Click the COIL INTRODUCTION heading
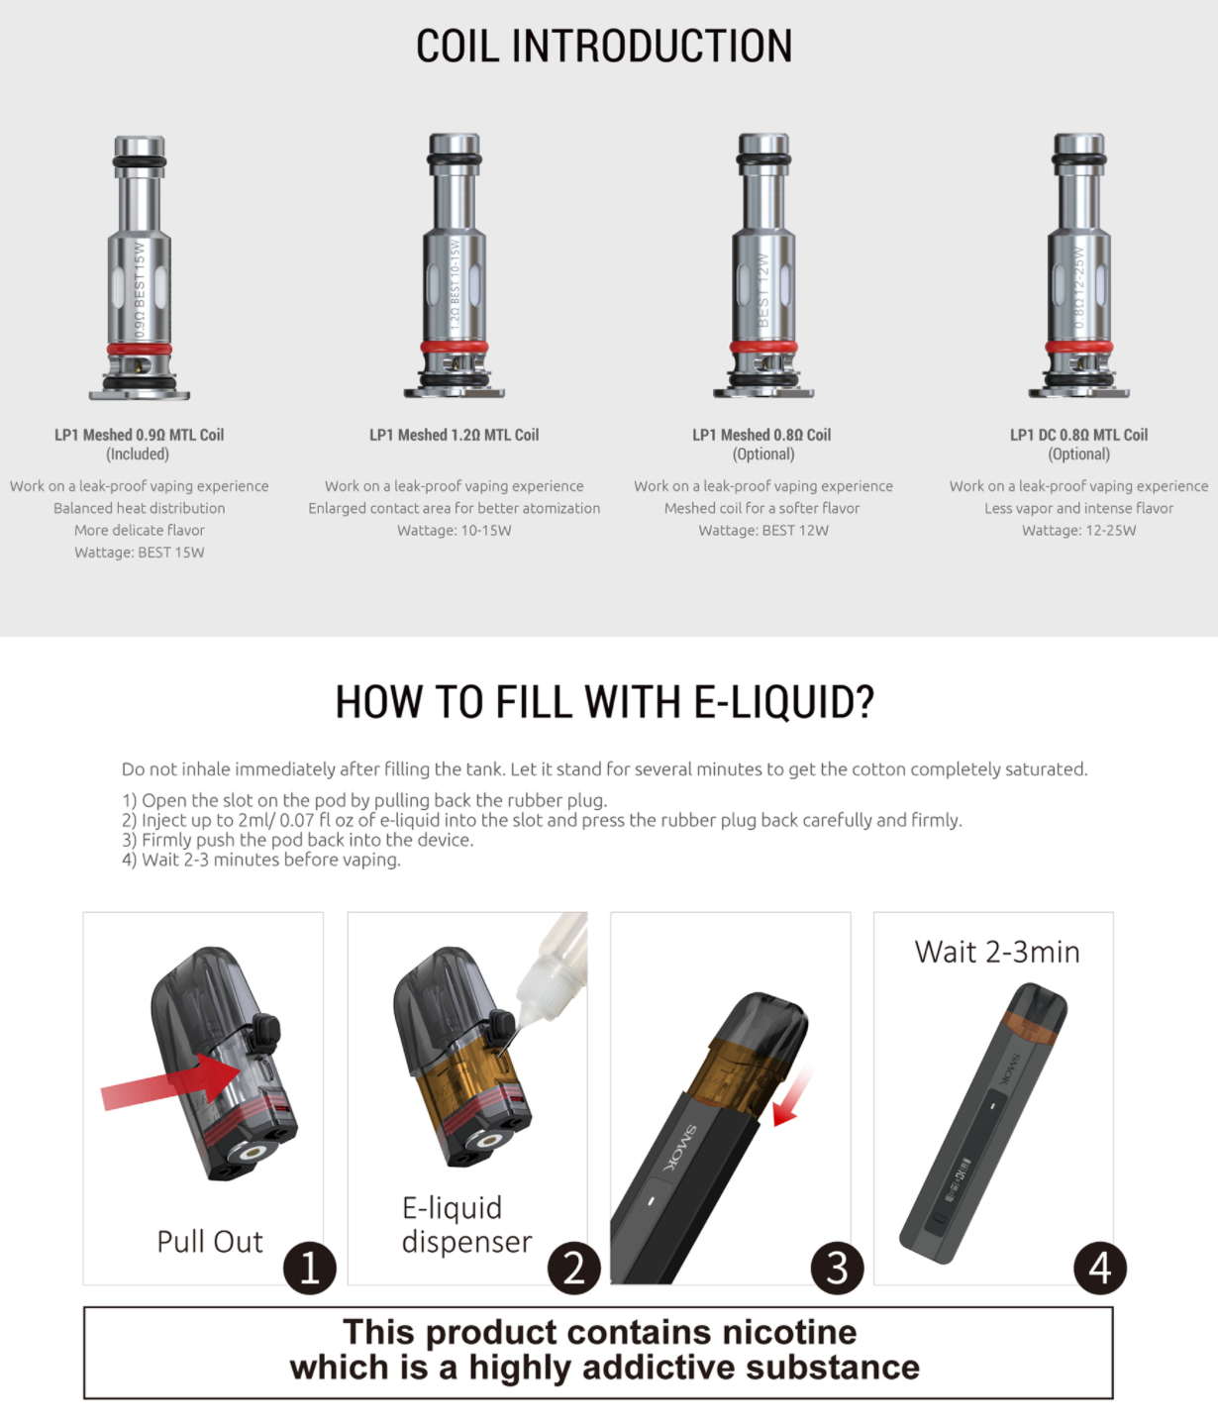(604, 47)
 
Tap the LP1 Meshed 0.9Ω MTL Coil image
(140, 267)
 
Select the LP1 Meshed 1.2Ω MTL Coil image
(455, 267)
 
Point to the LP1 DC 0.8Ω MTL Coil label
(1078, 435)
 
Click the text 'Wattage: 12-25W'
(1078, 531)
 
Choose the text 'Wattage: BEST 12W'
(762, 531)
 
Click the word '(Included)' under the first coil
(138, 455)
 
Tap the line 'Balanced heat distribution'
(140, 508)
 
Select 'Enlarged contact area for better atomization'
(454, 508)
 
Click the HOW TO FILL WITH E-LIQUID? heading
(604, 702)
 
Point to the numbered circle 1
(309, 1268)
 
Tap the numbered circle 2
(574, 1268)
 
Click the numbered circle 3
(837, 1268)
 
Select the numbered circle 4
(1100, 1268)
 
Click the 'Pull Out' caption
(210, 1242)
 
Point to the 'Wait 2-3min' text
(996, 952)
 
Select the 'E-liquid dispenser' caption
(466, 1225)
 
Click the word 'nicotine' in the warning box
(788, 1332)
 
